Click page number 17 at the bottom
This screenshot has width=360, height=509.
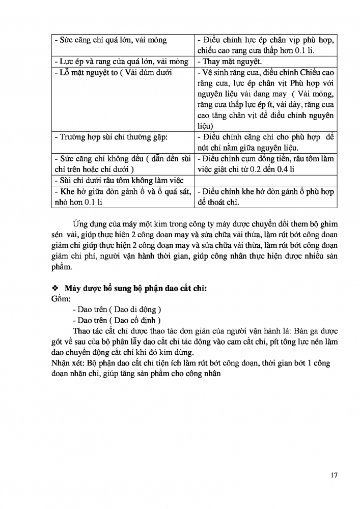pos(334,475)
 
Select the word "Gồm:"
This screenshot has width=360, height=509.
pos(61,298)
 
